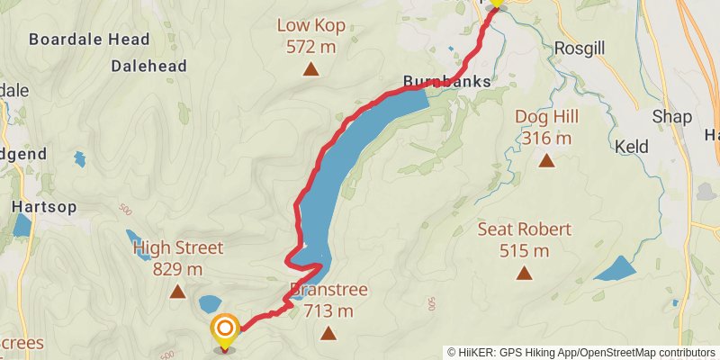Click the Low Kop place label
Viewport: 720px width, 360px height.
[x=311, y=25]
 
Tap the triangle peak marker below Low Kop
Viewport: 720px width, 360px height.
[x=311, y=69]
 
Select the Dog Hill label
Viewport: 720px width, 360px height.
[x=546, y=117]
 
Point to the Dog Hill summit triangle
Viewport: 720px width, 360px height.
[x=546, y=161]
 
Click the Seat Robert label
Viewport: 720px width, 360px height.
[x=525, y=229]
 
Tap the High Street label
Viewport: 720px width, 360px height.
[x=177, y=247]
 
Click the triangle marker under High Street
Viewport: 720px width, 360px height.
[x=177, y=291]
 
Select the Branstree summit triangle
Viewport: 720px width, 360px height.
[x=328, y=334]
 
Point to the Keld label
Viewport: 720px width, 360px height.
[x=632, y=146]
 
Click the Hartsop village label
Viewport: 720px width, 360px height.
[x=43, y=206]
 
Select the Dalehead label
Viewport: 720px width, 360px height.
[x=148, y=66]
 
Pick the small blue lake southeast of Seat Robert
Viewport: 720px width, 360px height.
[x=616, y=269]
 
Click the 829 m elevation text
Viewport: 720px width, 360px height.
[x=177, y=268]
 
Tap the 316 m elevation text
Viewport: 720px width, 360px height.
[x=546, y=138]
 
